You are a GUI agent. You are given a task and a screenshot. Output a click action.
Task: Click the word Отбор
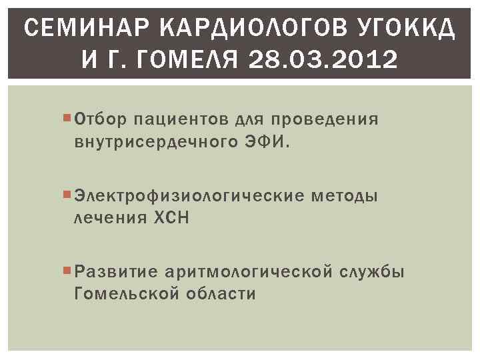coord(100,120)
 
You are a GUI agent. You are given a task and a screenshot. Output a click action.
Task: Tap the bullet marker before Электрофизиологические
coord(69,195)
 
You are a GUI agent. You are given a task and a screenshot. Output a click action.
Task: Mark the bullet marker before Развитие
coord(69,271)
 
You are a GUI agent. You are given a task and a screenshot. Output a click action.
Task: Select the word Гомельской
coord(127,294)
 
